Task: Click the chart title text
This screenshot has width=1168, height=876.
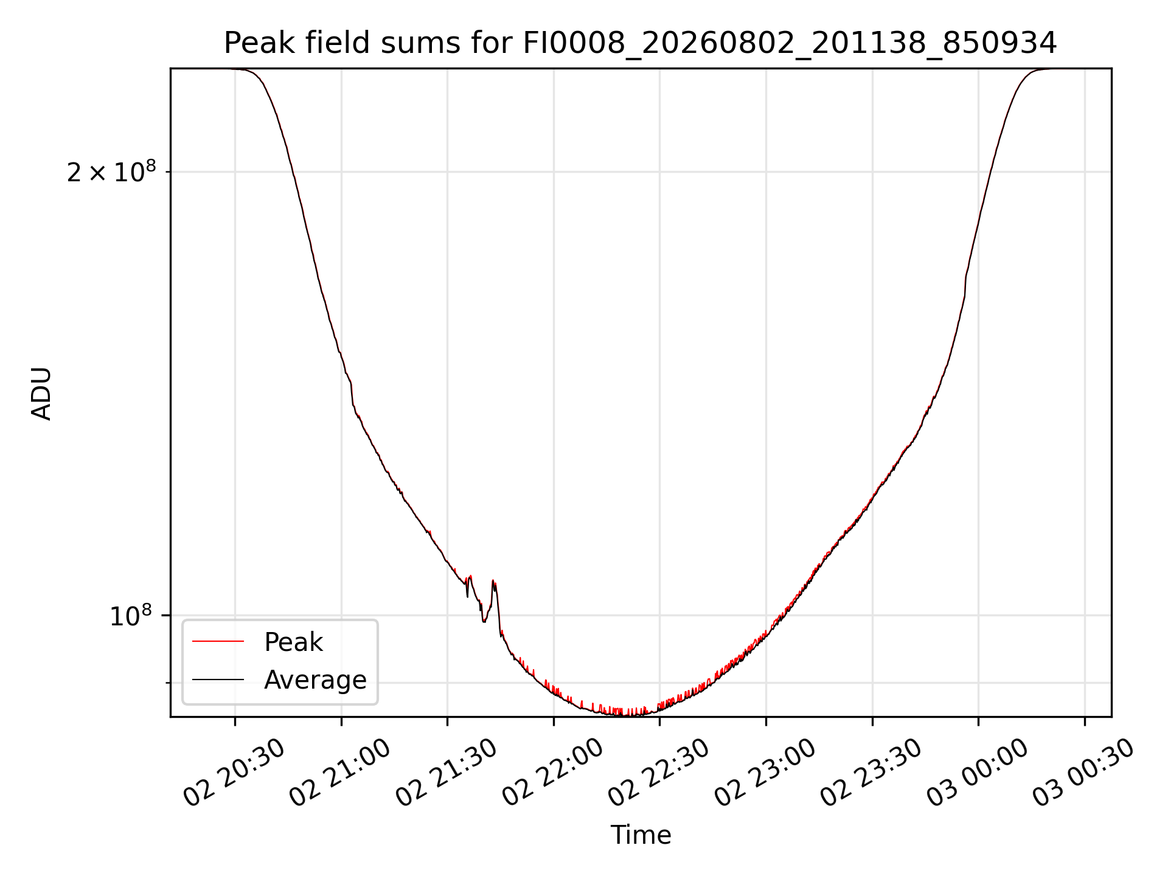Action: [x=641, y=43]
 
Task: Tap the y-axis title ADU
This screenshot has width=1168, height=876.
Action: [x=41, y=393]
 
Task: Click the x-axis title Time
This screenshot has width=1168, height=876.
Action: [x=641, y=835]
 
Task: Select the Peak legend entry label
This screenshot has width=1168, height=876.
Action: [x=293, y=642]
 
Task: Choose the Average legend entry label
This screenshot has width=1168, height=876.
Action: [x=315, y=680]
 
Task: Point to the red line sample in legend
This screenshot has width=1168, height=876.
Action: [x=218, y=642]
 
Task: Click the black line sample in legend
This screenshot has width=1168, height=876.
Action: [x=218, y=680]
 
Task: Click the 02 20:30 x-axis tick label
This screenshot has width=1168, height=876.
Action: [x=234, y=773]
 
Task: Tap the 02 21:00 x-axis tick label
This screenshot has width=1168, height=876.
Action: [x=340, y=773]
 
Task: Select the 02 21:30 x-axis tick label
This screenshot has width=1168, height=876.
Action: [x=447, y=773]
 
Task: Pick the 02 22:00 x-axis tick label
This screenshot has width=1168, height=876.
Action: [x=552, y=773]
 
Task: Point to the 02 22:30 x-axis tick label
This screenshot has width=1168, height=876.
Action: [x=659, y=773]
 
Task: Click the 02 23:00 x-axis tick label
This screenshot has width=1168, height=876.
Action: [x=765, y=773]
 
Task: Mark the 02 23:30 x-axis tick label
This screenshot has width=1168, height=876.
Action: [x=871, y=773]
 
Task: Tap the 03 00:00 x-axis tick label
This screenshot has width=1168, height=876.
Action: [x=977, y=773]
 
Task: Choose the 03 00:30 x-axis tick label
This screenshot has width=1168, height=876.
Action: [x=1083, y=773]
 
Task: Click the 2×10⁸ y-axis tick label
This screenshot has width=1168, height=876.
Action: [x=111, y=172]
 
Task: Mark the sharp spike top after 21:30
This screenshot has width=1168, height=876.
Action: [x=493, y=580]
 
